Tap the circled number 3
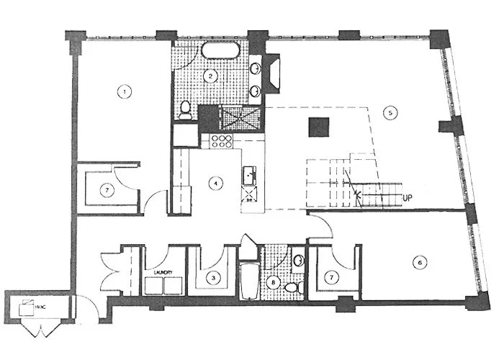[213, 276]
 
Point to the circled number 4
[214, 183]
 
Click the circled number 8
[272, 282]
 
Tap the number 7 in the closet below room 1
[106, 189]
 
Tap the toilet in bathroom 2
[185, 110]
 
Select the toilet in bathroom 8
[293, 287]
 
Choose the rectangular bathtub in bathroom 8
[248, 284]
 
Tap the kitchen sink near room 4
[250, 174]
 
